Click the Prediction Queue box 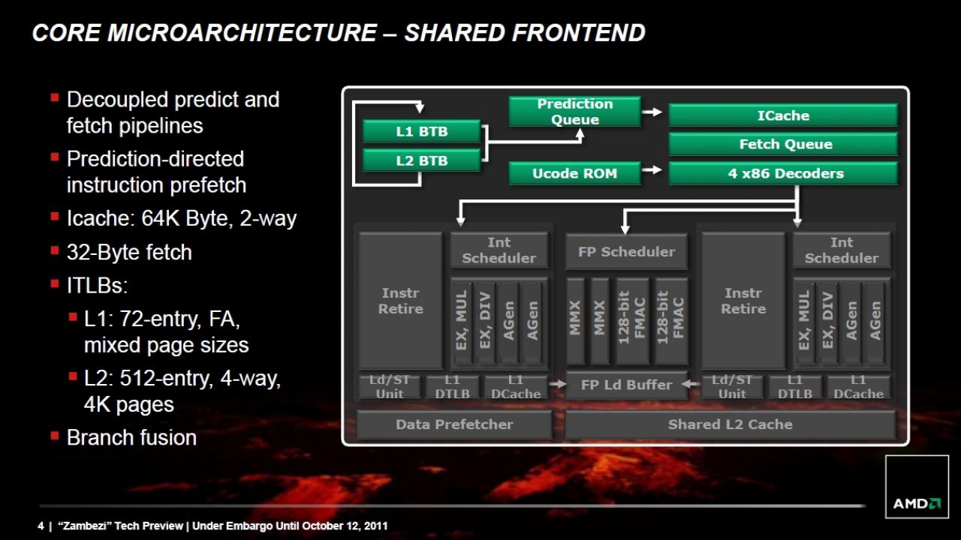[575, 112]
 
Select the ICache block [783, 115]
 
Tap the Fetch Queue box [783, 144]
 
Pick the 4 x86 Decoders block [783, 173]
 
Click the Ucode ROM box [575, 173]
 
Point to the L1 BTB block [421, 131]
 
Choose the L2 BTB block [421, 160]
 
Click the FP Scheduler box [626, 251]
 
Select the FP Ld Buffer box [626, 385]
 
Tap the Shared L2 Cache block [731, 424]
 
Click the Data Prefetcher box [454, 424]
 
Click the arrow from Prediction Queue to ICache [652, 112]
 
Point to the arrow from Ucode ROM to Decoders [652, 170]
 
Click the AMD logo [917, 503]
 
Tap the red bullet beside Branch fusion [55, 436]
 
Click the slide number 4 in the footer [41, 526]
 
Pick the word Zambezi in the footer [88, 526]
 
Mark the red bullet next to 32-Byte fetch [55, 250]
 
